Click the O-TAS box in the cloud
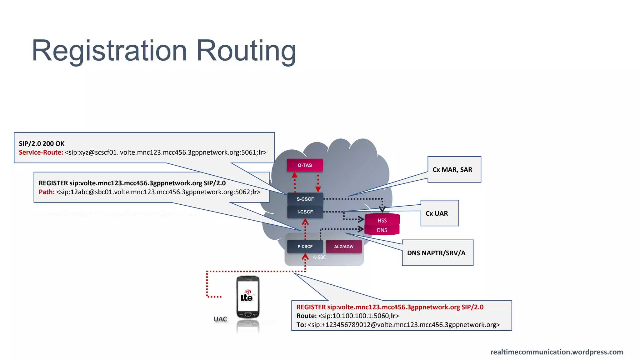click(x=305, y=165)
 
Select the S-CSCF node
click(x=305, y=199)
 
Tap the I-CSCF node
click(x=305, y=212)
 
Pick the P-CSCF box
click(x=305, y=247)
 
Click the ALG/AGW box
click(x=344, y=247)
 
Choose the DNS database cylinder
click(x=382, y=230)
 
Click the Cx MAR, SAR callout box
click(x=454, y=170)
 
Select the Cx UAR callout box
click(x=439, y=213)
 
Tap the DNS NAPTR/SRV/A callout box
click(x=437, y=253)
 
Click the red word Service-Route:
click(x=41, y=152)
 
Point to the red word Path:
click(x=47, y=192)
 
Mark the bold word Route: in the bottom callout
click(x=307, y=316)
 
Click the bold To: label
click(x=301, y=325)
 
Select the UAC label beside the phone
click(x=220, y=319)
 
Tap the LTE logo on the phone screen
click(x=247, y=296)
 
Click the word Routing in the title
click(x=246, y=51)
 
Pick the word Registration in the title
click(x=109, y=51)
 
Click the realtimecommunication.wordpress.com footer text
click(x=557, y=352)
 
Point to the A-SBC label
click(x=319, y=257)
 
